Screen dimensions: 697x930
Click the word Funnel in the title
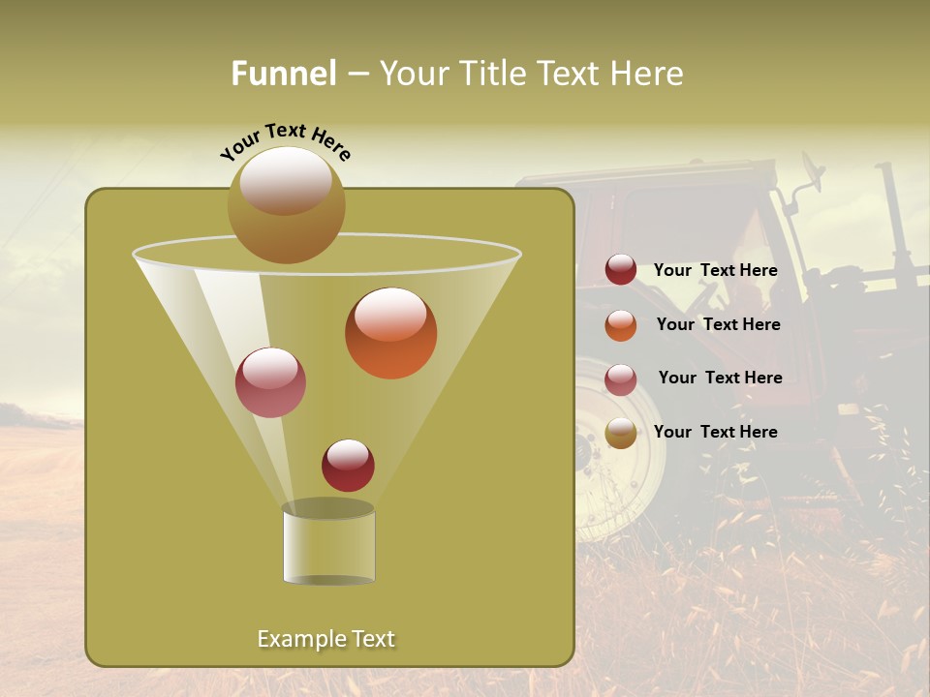tap(283, 74)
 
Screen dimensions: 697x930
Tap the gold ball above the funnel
tap(286, 204)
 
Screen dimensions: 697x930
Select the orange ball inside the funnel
tap(390, 332)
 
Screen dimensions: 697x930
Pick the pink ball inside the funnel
tap(270, 382)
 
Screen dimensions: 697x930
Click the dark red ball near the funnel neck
tap(348, 465)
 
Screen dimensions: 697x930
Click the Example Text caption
tap(325, 639)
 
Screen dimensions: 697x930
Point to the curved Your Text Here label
tap(285, 142)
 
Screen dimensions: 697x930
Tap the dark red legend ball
tap(620, 270)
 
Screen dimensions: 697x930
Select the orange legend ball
tap(620, 325)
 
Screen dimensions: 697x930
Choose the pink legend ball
tap(620, 379)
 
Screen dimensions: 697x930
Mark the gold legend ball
tap(620, 433)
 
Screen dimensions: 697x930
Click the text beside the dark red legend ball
tap(715, 271)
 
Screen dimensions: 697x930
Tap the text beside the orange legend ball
tap(718, 325)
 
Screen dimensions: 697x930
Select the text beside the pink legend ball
tap(720, 379)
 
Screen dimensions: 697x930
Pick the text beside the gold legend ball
tap(715, 433)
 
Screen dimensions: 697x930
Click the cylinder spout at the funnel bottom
tap(328, 547)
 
